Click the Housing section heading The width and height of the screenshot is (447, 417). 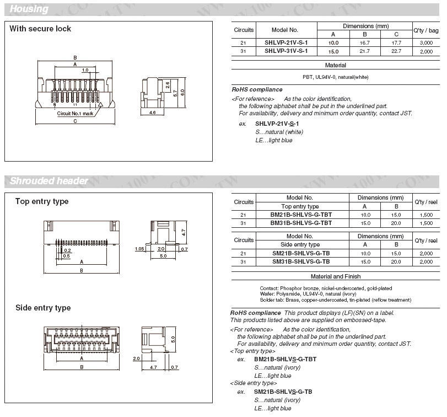coord(29,9)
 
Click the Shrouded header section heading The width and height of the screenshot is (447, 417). coord(49,181)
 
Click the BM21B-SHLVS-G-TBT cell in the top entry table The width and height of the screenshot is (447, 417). coord(301,215)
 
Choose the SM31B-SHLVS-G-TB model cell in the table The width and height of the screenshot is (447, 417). coord(301,261)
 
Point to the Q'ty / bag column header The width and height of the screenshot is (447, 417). coord(426,30)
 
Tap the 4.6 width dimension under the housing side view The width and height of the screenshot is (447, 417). coord(153,112)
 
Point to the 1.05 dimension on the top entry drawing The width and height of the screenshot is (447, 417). coord(141,249)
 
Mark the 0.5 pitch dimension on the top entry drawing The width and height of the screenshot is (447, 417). coord(66,256)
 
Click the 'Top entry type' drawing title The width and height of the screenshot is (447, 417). coord(42,201)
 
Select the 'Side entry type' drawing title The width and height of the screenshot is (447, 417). coord(43,308)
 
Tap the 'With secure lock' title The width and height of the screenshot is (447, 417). coord(40,29)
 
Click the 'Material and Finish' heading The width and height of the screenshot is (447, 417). coord(335,276)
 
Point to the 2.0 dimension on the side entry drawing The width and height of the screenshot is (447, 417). coord(136,358)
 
